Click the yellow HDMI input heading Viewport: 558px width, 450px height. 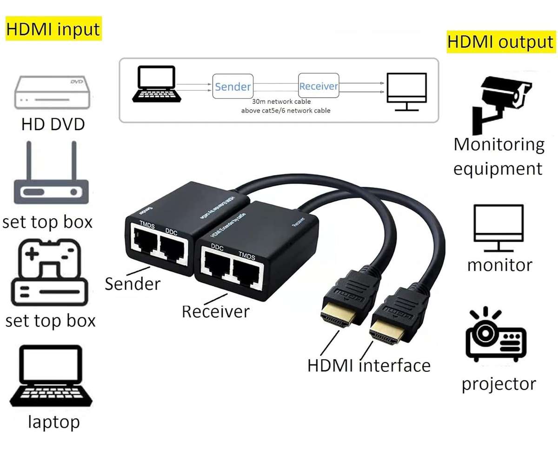click(53, 29)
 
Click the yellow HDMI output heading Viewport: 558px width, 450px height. click(501, 42)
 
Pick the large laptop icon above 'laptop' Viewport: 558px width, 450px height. click(51, 377)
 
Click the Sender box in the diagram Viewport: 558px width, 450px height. click(233, 86)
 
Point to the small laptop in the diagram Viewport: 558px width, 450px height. click(154, 84)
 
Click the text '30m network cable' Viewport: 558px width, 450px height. click(281, 101)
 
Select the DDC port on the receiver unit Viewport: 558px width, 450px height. click(215, 267)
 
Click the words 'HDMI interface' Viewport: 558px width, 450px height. click(369, 366)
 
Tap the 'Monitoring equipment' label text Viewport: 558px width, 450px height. click(498, 156)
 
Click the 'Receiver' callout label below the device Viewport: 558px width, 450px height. click(215, 311)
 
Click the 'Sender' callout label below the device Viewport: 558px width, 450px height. click(132, 283)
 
